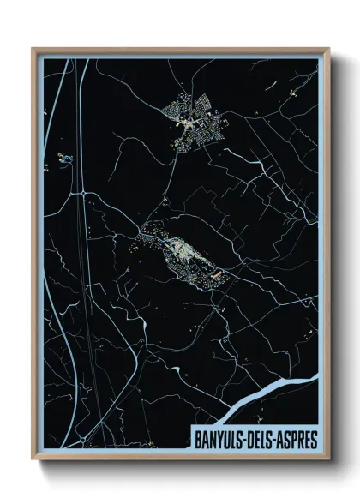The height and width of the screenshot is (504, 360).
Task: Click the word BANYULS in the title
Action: click(x=217, y=440)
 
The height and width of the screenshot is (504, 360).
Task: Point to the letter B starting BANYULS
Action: click(x=197, y=440)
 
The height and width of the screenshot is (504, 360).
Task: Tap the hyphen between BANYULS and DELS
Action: click(x=243, y=440)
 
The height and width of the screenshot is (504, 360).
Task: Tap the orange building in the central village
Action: click(x=217, y=273)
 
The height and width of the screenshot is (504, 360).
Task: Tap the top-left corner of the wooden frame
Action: click(x=33, y=49)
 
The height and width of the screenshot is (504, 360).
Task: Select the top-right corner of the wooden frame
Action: click(x=327, y=49)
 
